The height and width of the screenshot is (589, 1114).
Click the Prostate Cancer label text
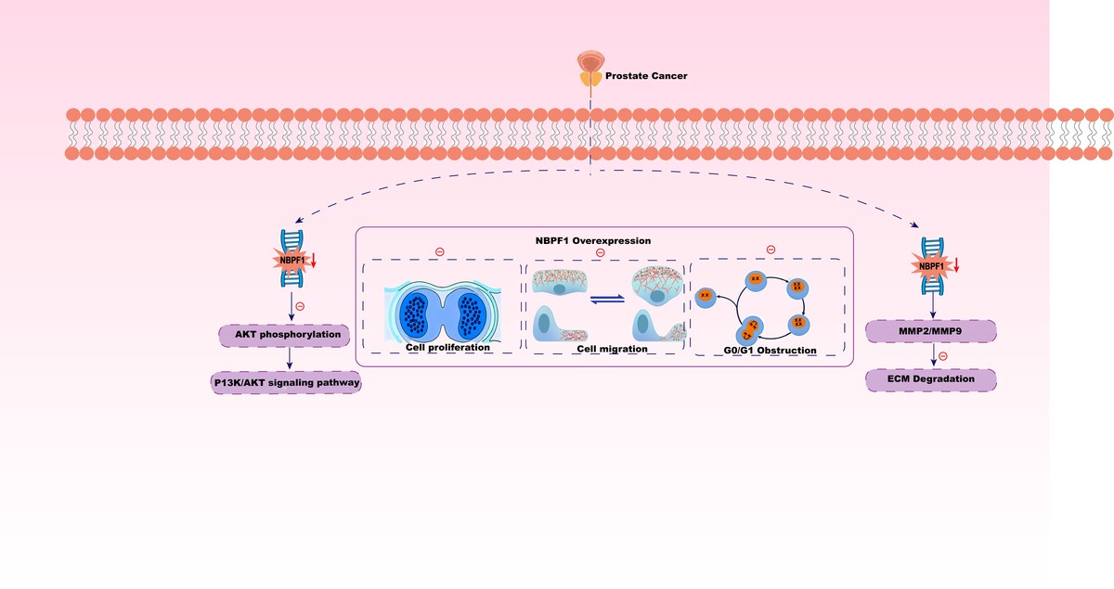[x=648, y=75]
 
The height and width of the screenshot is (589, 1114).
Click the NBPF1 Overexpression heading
[x=600, y=240]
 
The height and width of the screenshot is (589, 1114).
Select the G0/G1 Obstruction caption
[x=771, y=351]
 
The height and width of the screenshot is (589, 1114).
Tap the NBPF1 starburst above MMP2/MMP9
[x=930, y=267]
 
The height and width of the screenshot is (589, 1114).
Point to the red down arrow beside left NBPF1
[x=314, y=262]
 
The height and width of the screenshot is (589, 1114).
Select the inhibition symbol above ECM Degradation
[x=942, y=356]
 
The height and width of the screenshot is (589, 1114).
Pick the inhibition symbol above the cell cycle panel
[x=770, y=250]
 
